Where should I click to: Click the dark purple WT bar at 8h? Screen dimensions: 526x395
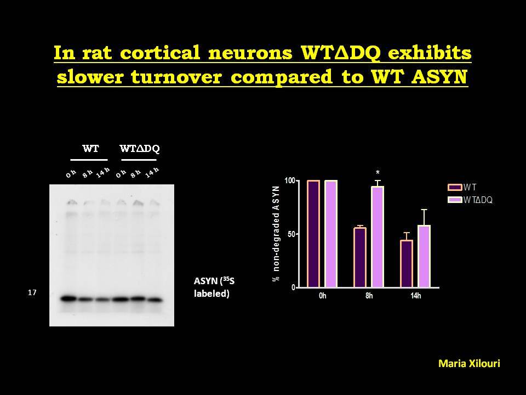(360, 257)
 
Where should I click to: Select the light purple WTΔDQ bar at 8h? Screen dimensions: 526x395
(378, 237)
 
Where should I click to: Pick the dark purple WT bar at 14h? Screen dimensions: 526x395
(407, 264)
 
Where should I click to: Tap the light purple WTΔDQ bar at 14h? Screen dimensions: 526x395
(424, 256)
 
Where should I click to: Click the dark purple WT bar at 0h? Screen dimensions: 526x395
(313, 234)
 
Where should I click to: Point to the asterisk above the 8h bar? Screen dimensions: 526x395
(378, 173)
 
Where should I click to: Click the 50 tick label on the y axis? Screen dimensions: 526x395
(291, 234)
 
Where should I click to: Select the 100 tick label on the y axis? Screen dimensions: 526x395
(290, 180)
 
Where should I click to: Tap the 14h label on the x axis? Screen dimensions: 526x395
(416, 296)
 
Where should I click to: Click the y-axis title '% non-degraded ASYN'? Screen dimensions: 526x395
(276, 234)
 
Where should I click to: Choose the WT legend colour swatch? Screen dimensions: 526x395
(455, 188)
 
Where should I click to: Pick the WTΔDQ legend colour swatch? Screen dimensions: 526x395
(455, 200)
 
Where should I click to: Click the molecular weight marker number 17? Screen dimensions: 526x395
(32, 292)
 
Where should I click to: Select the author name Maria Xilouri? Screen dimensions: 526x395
(469, 363)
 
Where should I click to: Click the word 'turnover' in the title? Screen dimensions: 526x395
(176, 77)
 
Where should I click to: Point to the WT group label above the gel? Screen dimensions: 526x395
(90, 149)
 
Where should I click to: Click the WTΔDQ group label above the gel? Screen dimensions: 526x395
(140, 149)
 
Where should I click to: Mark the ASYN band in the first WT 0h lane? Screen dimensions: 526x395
(69, 298)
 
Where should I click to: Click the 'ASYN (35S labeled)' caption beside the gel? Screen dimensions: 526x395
(214, 287)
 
